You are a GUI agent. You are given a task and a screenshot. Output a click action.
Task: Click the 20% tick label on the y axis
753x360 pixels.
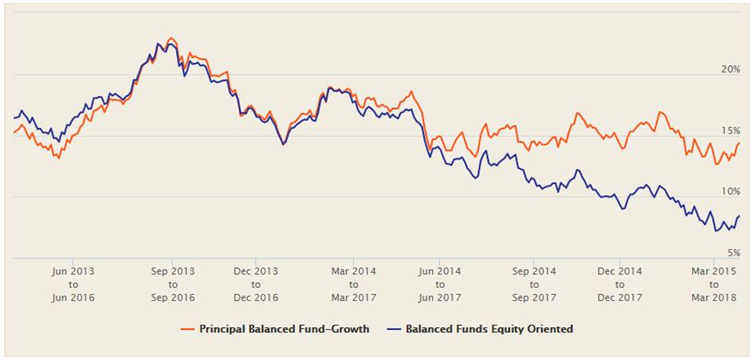coord(729,70)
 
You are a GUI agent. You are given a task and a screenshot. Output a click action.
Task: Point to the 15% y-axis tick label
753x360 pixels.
coord(729,131)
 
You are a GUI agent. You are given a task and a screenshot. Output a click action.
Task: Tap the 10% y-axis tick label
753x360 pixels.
coord(729,191)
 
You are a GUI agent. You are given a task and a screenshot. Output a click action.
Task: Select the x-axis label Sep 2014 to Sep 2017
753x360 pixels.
coord(535,284)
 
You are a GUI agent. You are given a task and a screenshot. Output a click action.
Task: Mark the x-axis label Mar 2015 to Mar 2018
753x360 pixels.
coord(711,284)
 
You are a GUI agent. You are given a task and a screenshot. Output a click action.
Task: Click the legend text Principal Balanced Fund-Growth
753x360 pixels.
coord(285,327)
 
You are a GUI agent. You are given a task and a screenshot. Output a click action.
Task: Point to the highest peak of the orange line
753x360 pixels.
coord(171,38)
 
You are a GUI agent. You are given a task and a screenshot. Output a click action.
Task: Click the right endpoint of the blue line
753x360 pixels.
coord(739,216)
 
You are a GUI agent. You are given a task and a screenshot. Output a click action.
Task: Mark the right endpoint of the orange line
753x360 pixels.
coord(739,143)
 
